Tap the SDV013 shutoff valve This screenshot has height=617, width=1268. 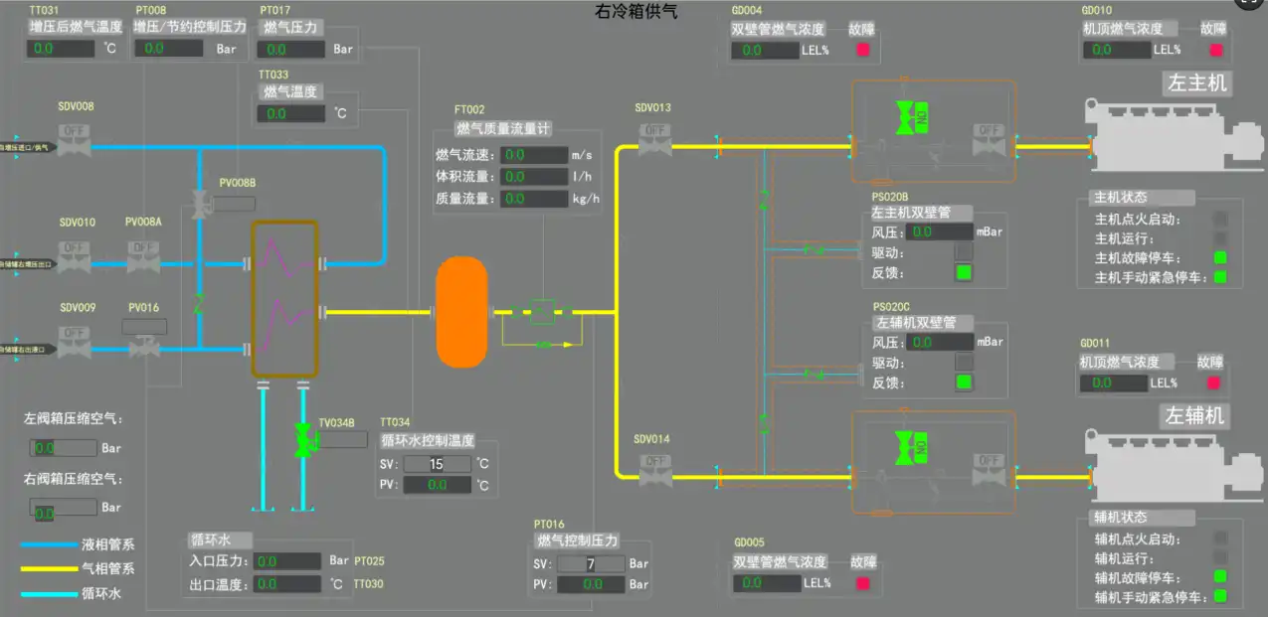(654, 140)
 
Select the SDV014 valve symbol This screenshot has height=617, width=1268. (654, 471)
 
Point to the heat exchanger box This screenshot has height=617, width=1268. (283, 298)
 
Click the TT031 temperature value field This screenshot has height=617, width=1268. (61, 48)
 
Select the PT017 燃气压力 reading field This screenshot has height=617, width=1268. (291, 49)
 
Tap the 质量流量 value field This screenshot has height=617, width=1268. (534, 199)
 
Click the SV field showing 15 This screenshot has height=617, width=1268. (437, 464)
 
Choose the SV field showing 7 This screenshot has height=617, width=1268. (591, 564)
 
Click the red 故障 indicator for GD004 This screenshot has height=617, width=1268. (863, 50)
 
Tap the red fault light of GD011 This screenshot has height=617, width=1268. (1213, 383)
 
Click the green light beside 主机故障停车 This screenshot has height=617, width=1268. (1220, 258)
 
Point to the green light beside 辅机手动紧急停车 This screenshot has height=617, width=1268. (1220, 597)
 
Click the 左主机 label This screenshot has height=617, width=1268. (1195, 83)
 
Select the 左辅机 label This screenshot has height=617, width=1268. (1194, 415)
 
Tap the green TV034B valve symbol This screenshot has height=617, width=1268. (303, 438)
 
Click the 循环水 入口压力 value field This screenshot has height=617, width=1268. (287, 561)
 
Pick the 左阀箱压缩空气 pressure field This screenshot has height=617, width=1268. (62, 448)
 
